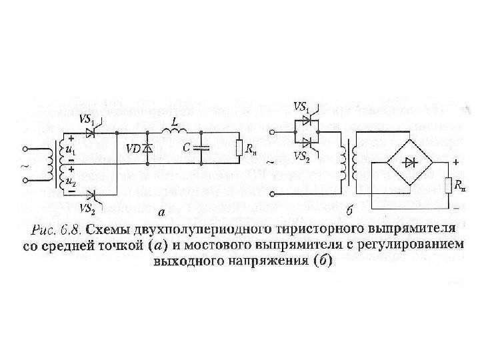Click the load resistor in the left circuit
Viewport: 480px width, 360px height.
point(239,147)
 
